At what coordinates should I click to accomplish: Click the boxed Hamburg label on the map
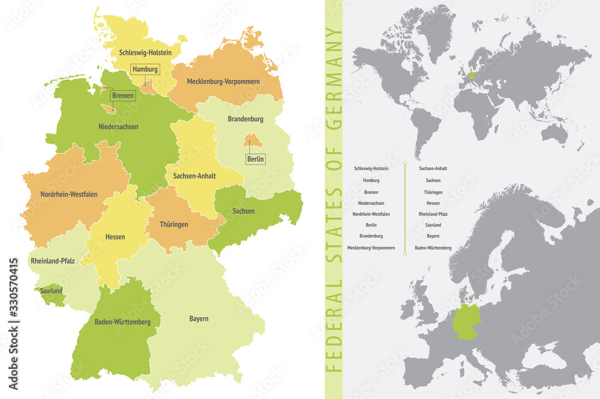(145, 69)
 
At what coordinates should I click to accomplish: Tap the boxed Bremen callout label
(122, 96)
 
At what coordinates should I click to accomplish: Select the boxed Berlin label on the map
(255, 159)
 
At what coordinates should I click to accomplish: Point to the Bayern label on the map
(199, 318)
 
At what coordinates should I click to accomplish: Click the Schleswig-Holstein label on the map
(145, 53)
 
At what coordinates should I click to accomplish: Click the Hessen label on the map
(115, 237)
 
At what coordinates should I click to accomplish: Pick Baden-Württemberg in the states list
(433, 248)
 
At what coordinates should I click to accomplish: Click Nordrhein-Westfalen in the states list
(371, 214)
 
